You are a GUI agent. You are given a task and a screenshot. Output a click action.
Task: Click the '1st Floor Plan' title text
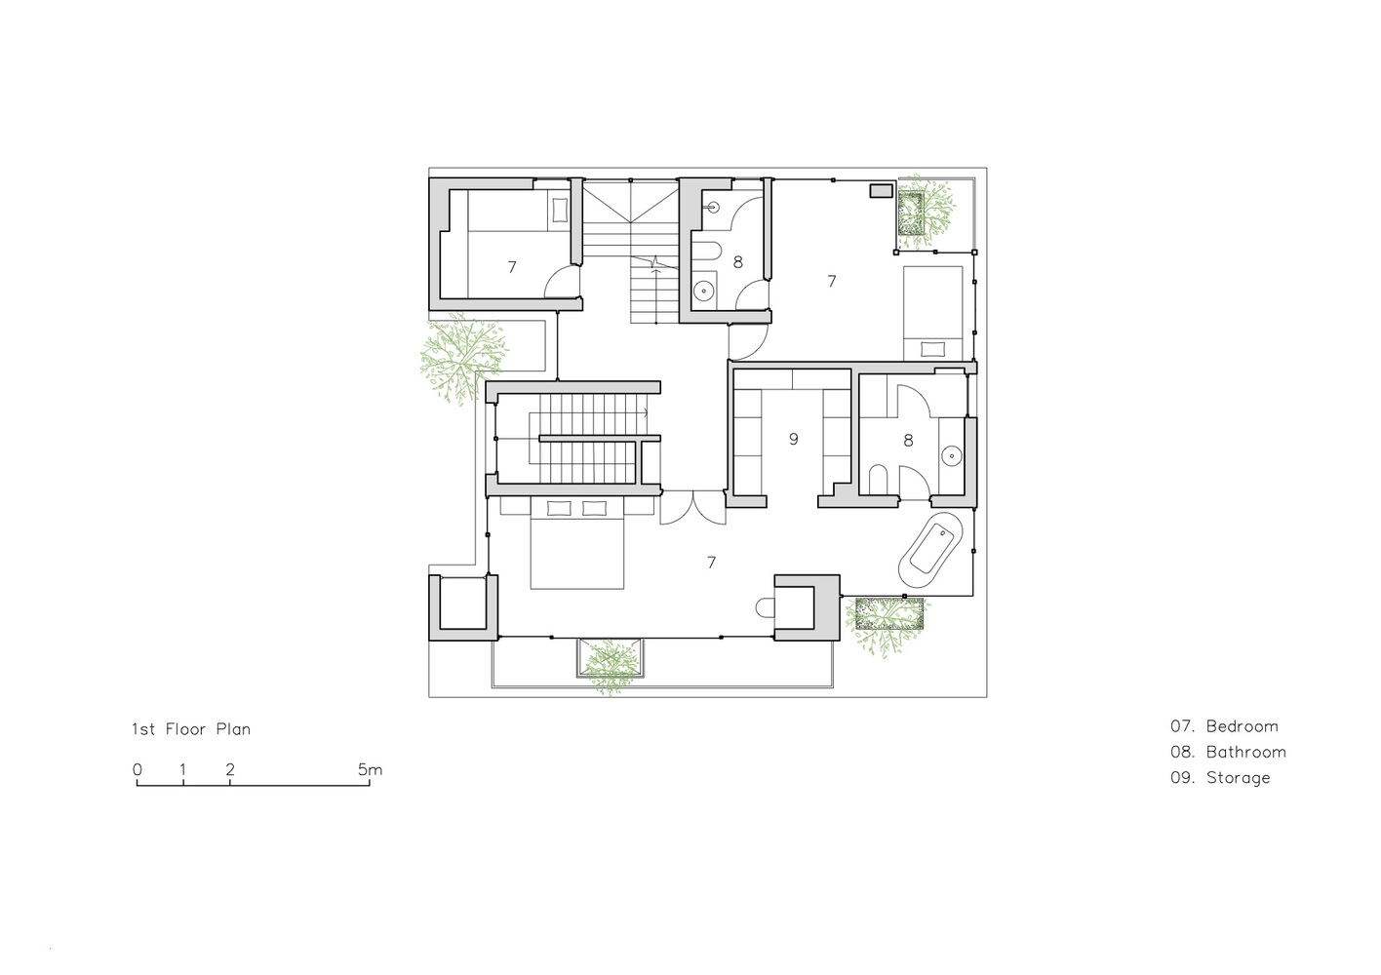[x=191, y=729]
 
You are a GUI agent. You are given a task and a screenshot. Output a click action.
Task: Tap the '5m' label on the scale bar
[x=370, y=769]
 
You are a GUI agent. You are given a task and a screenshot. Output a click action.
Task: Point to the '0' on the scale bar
[x=138, y=769]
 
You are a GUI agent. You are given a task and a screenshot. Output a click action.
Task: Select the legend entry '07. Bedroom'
[x=1224, y=726]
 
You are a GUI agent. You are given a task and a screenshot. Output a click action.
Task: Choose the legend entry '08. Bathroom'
[x=1228, y=752]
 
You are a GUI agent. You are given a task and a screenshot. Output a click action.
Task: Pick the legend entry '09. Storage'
[x=1220, y=778]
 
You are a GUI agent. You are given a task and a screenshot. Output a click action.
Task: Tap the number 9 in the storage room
[x=793, y=440]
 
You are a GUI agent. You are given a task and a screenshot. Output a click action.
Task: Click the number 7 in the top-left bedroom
[x=511, y=266]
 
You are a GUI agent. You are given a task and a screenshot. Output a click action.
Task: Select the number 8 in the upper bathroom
[x=737, y=261]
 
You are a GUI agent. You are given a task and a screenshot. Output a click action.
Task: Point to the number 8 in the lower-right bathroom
[x=908, y=441]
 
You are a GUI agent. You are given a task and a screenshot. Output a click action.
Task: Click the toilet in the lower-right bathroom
[x=877, y=479]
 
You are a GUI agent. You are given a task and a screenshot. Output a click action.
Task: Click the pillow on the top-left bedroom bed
[x=559, y=212]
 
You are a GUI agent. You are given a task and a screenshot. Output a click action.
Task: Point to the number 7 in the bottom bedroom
[x=711, y=563]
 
